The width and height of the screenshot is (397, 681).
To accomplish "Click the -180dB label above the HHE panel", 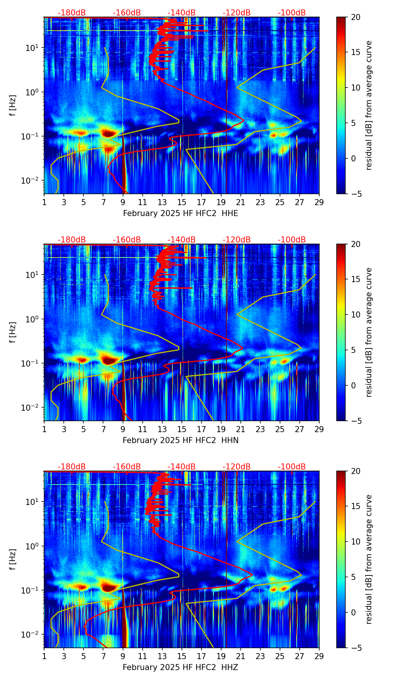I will coord(72,13).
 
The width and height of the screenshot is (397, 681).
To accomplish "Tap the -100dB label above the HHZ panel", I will coord(292,467).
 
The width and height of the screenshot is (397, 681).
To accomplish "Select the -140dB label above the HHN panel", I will coord(182,240).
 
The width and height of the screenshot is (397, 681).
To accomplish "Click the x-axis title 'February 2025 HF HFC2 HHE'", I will coord(180,213).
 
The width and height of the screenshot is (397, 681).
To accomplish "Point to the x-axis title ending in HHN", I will coord(180,440).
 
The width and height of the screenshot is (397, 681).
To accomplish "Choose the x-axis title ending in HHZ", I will coord(180,667).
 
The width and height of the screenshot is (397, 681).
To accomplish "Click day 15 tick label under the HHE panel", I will coord(182,202).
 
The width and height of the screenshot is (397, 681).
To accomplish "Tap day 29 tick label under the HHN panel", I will coord(319,429).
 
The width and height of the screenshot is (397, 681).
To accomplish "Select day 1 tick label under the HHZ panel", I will coord(44,656).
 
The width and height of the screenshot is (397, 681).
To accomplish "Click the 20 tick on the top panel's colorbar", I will coord(356,17).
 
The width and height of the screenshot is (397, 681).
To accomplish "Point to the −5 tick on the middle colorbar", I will coord(355,421).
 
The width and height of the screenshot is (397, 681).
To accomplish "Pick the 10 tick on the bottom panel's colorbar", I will coord(356,541).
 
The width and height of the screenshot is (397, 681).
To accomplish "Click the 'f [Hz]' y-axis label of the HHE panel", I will coord(13,106).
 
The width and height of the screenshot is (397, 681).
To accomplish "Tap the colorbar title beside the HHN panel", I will coord(369,332).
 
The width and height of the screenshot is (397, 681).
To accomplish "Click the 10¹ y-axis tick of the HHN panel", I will coord(33,275).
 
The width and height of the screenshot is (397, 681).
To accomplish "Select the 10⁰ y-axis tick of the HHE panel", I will coord(33,92).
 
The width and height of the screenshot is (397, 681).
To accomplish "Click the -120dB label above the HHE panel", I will coord(237,13).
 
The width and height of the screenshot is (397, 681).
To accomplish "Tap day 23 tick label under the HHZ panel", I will coord(260,656).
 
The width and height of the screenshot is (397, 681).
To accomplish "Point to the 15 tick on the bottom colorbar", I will coord(356,506).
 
